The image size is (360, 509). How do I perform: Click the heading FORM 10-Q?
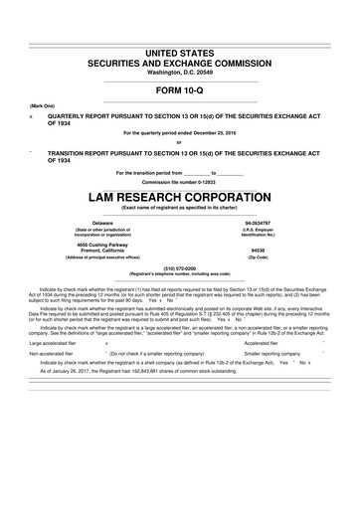point(179,87)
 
